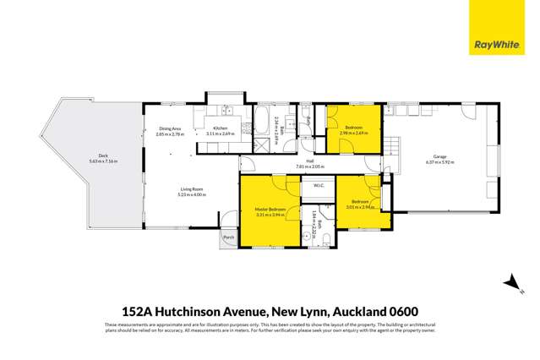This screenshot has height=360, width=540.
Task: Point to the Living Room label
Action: click(x=190, y=189)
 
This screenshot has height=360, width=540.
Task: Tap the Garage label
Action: click(x=440, y=156)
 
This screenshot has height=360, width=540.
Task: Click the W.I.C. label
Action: click(x=319, y=186)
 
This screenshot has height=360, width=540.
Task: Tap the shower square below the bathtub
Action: click(x=260, y=143)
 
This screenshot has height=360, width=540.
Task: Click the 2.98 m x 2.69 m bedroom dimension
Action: click(x=353, y=133)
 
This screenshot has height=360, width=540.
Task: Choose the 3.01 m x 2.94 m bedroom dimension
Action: click(x=361, y=206)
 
